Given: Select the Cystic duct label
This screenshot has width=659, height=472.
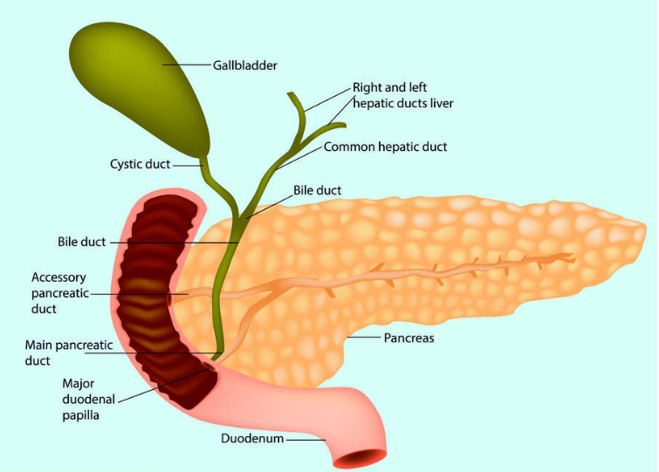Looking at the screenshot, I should (140, 163).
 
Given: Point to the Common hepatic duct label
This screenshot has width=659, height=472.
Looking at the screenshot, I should (385, 147).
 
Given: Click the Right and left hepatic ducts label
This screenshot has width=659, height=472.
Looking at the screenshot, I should (402, 95).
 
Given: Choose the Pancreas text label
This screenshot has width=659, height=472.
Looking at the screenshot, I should (409, 337).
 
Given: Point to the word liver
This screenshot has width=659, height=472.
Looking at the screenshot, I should (437, 103).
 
